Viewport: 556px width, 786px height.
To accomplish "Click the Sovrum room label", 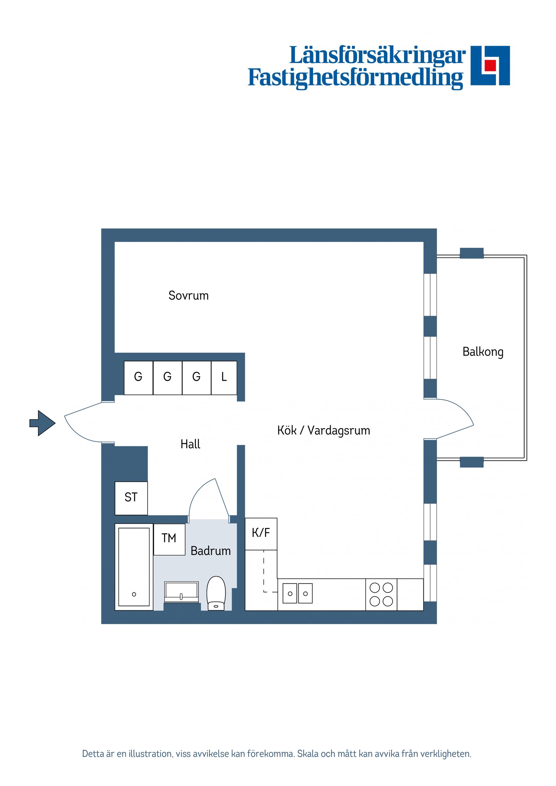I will (189, 295).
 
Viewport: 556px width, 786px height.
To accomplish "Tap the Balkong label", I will (483, 352).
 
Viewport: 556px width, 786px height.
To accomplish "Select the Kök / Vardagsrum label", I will (323, 430).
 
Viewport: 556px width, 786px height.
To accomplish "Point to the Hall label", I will (190, 444).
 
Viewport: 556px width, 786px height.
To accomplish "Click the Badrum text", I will (210, 551).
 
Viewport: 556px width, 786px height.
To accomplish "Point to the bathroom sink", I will (181, 591).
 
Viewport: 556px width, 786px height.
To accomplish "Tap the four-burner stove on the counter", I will (381, 595).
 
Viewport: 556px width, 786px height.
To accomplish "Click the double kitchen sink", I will (297, 594).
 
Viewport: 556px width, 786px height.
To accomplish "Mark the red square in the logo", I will (490, 65).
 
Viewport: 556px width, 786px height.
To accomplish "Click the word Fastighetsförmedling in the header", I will (355, 78).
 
